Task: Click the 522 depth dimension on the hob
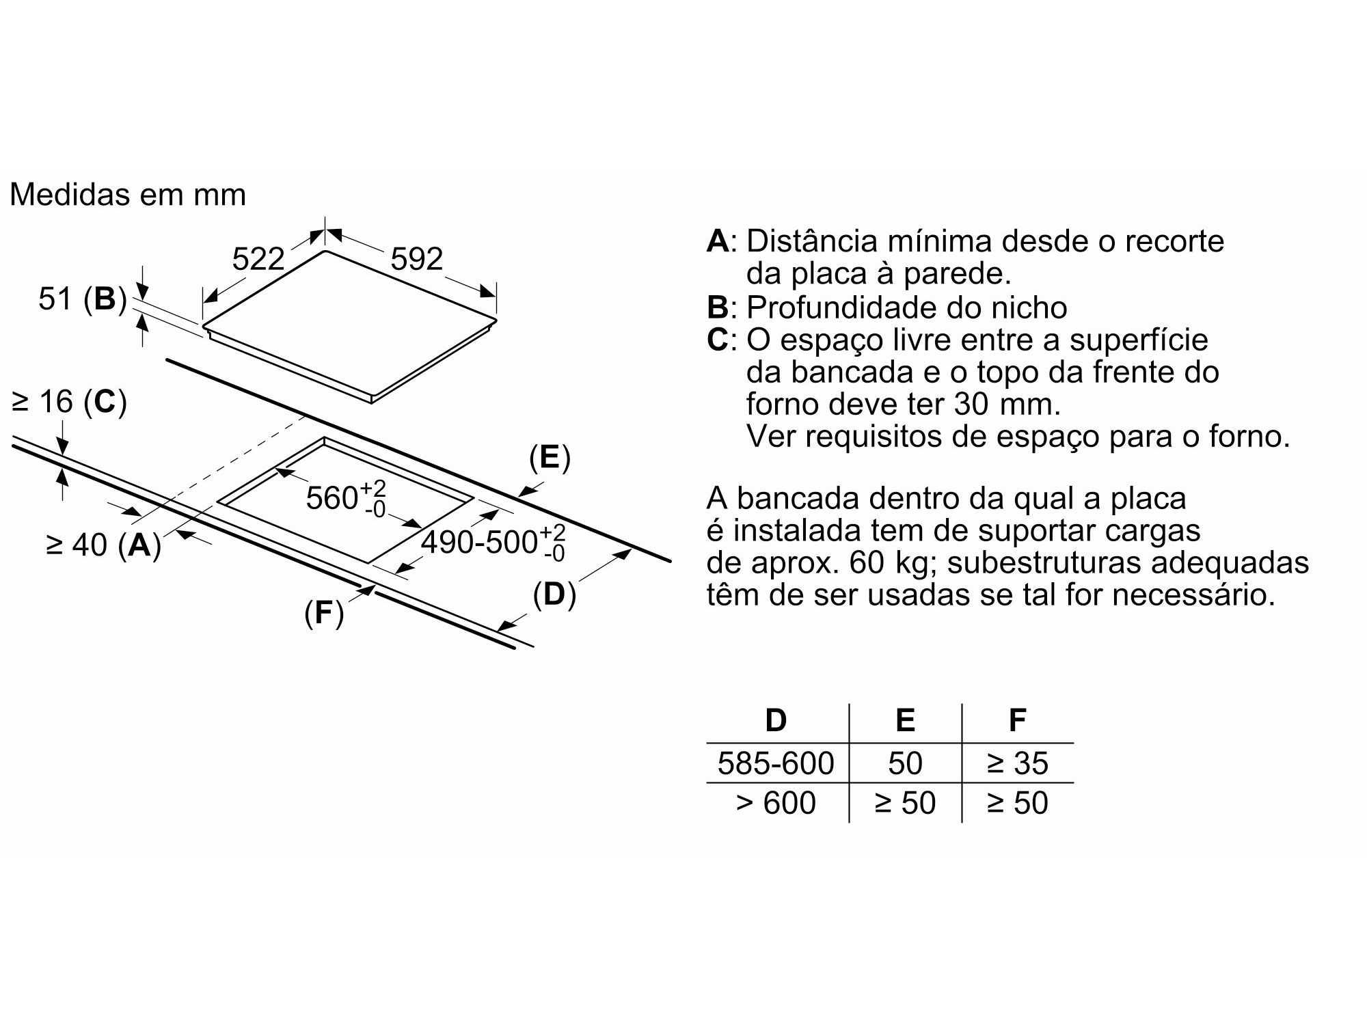[258, 259]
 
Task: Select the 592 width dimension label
[417, 259]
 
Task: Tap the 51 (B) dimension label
[83, 299]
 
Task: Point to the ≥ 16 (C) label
[69, 402]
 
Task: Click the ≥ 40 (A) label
[103, 545]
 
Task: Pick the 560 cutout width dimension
[346, 497]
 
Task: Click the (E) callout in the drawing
[550, 458]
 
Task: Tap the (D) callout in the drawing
[554, 594]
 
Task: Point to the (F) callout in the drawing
[324, 613]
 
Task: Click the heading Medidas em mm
[128, 195]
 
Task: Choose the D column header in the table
[776, 720]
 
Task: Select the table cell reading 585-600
[776, 763]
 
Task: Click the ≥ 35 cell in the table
[1017, 763]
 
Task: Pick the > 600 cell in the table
[776, 802]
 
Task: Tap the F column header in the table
[1017, 720]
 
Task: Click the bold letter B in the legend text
[718, 307]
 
